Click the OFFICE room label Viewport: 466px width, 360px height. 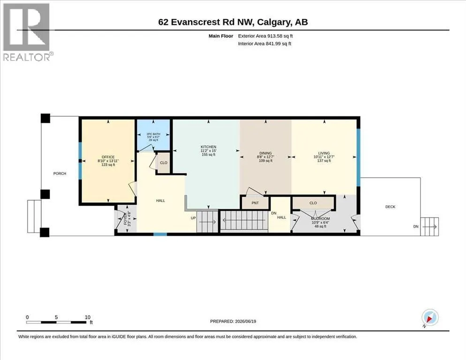click(108, 157)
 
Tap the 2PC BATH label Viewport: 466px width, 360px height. click(153, 134)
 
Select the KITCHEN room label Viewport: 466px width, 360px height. click(208, 147)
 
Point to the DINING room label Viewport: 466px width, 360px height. click(265, 153)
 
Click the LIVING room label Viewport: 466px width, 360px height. click(324, 153)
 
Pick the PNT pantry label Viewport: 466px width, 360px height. click(255, 203)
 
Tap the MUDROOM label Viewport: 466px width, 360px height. click(320, 219)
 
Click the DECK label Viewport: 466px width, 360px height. click(390, 207)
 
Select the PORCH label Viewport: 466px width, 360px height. click(60, 173)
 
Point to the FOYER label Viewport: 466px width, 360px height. click(126, 218)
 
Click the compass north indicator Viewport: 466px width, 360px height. click(430, 318)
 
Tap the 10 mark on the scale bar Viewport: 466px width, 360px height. click(88, 317)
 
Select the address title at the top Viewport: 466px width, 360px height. click(233, 22)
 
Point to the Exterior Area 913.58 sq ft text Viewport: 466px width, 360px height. click(265, 36)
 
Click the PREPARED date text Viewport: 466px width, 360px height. click(233, 322)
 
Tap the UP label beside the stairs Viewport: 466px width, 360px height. click(193, 218)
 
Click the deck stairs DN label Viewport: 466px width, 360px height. click(416, 226)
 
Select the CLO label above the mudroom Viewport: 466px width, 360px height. click(313, 203)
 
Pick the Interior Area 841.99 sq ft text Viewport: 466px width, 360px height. click(264, 44)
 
